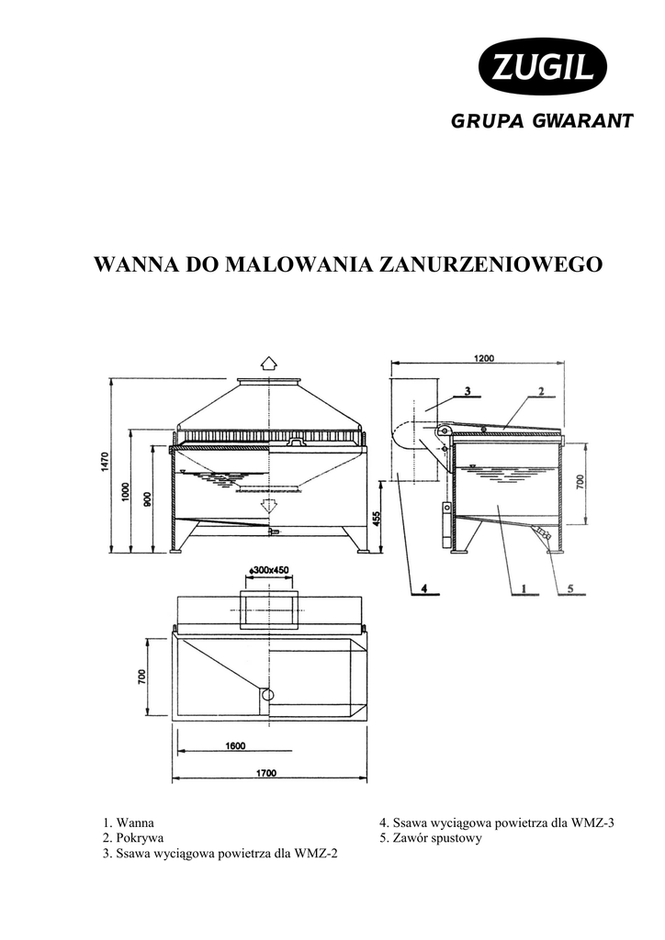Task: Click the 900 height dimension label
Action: pyautogui.click(x=147, y=498)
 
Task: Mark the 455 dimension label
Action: pyautogui.click(x=377, y=519)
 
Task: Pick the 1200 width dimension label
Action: pyautogui.click(x=485, y=359)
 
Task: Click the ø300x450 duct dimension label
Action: pyautogui.click(x=269, y=570)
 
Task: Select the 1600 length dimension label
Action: pyautogui.click(x=235, y=746)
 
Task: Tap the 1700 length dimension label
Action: pyautogui.click(x=265, y=774)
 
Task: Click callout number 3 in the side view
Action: pyautogui.click(x=467, y=390)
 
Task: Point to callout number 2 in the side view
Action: pyautogui.click(x=541, y=390)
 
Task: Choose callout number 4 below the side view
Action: pyautogui.click(x=424, y=587)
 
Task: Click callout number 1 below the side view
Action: pyautogui.click(x=523, y=587)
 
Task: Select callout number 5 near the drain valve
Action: pyautogui.click(x=569, y=587)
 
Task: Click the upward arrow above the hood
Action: pyautogui.click(x=267, y=362)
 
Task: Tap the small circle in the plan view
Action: pyautogui.click(x=267, y=695)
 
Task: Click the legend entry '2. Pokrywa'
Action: pyautogui.click(x=133, y=838)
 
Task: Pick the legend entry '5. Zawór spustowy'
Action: pyautogui.click(x=431, y=838)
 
